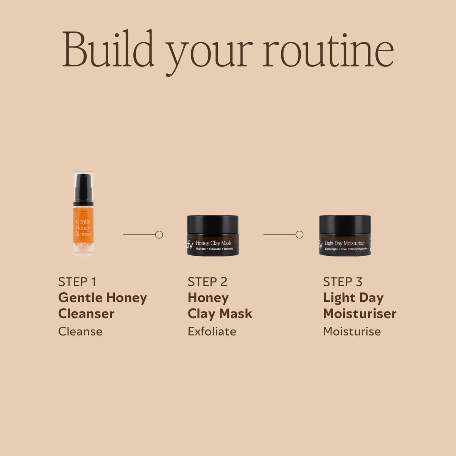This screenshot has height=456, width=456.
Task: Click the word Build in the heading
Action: coord(108,48)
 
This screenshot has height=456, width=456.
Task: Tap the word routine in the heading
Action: coord(328,51)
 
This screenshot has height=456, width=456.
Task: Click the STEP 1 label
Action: coord(77,282)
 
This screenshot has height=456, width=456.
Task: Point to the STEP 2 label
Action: coord(207,282)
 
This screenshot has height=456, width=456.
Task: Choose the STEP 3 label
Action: coord(342,282)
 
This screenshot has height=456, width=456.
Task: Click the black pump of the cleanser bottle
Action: coord(83,190)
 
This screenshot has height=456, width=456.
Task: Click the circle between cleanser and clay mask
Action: coord(159,235)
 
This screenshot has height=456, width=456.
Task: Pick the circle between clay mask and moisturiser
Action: coord(299,235)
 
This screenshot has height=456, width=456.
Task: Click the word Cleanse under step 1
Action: coord(81,331)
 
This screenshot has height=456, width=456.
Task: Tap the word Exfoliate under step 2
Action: coord(212,331)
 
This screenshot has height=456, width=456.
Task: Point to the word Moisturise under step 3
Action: coord(352,331)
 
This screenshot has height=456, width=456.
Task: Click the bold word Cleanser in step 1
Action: coord(86,313)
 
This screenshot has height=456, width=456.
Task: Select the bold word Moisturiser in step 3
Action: coord(360,313)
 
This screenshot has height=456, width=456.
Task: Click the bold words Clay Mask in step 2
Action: coord(220,314)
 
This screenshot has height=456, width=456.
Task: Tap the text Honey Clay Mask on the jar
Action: coord(214,243)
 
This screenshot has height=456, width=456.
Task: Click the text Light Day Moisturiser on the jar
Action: coord(345,243)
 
